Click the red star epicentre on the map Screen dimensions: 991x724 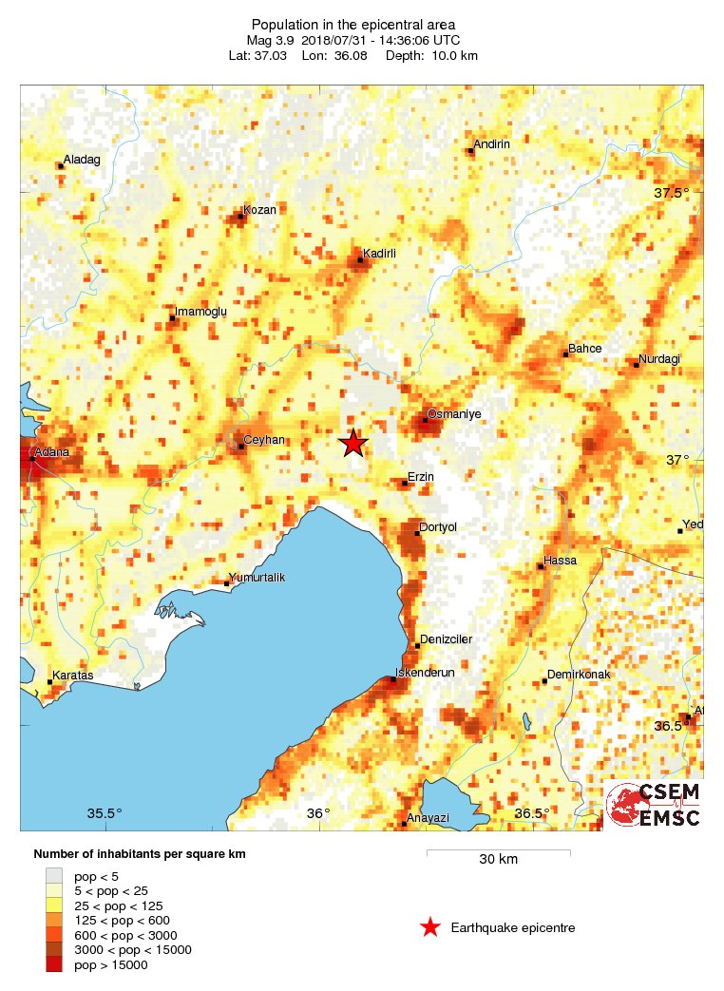tap(353, 443)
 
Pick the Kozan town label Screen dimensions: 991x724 tap(259, 210)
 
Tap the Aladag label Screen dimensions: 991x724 tap(82, 160)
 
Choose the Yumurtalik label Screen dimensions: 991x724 tap(258, 578)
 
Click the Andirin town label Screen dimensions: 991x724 tap(492, 143)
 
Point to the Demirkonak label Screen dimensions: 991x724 tap(578, 675)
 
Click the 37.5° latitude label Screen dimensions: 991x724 tap(672, 193)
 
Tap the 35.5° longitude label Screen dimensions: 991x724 tap(105, 813)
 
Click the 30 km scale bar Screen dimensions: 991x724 tap(498, 852)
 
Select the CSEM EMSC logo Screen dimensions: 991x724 tap(654, 805)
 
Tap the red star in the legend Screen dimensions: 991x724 tap(430, 927)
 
